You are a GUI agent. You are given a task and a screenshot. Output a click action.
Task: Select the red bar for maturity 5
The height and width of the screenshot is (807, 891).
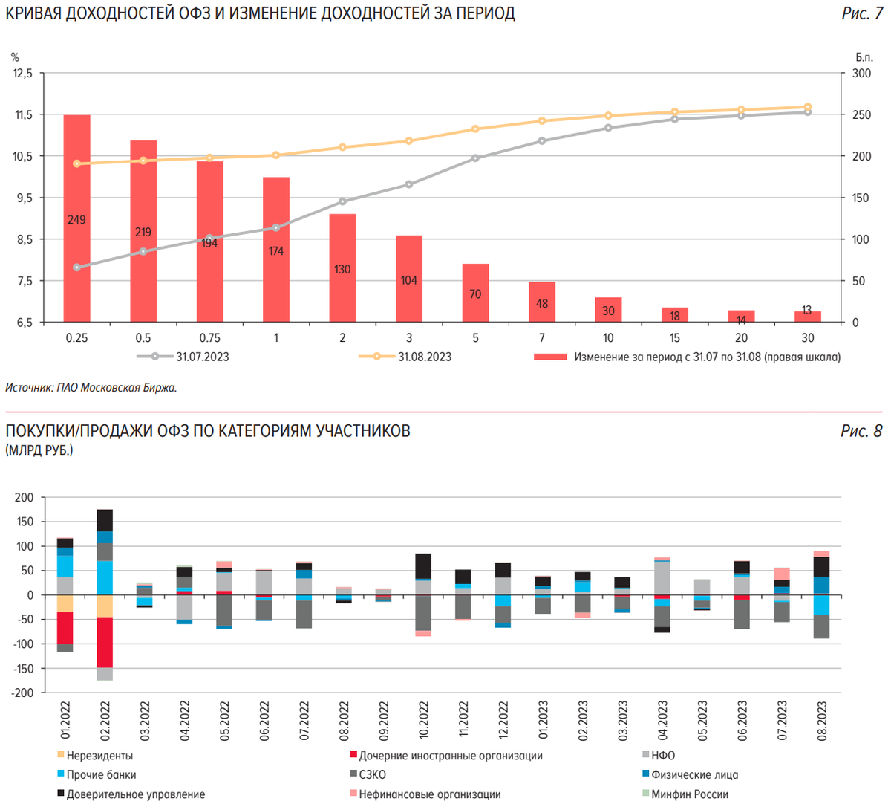coord(475,293)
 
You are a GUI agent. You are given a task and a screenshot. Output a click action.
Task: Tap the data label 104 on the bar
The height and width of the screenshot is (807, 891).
coord(408,280)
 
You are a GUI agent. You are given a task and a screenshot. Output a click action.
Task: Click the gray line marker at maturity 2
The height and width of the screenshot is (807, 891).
coord(342,201)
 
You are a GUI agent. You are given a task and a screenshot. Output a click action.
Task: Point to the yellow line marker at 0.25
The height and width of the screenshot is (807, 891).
coord(76,163)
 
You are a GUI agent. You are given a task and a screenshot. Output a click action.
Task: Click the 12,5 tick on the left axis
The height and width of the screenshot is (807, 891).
coord(23,73)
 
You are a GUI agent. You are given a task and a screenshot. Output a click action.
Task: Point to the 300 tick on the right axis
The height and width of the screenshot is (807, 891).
coord(861,73)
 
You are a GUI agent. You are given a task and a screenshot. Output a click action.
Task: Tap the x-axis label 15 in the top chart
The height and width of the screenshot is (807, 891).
coord(675,337)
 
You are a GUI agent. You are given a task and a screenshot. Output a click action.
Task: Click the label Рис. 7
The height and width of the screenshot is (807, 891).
coord(861,13)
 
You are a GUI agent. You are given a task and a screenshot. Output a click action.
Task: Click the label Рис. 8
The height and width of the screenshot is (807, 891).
coord(861,431)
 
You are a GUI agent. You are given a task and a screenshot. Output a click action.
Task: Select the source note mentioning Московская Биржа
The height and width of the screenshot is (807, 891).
coord(91,387)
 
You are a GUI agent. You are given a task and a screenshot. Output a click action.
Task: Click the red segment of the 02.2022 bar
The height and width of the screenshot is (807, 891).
coord(105,643)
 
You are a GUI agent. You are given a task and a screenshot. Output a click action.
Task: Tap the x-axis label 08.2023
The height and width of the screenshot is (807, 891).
coord(821,720)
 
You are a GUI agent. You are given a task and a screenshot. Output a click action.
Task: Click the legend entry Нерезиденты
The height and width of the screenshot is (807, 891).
coord(99,756)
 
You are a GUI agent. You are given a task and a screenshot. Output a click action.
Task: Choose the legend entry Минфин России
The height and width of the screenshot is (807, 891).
coord(689,794)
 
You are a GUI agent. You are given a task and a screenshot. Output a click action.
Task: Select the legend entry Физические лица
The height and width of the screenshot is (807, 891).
coord(694,775)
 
